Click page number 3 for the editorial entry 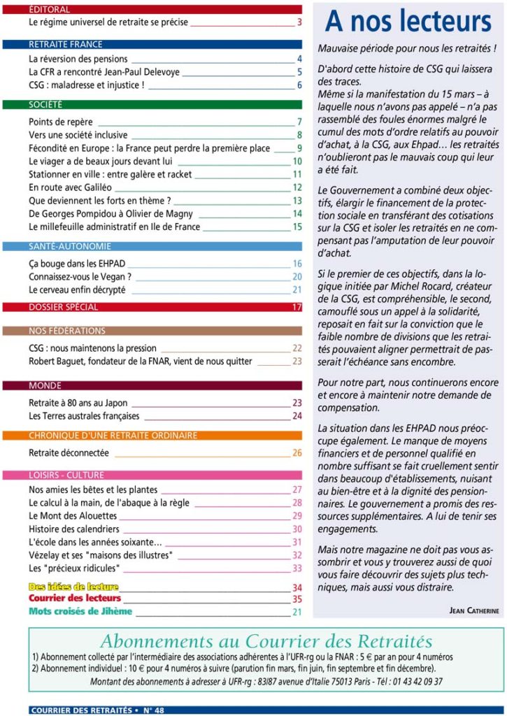click(299, 22)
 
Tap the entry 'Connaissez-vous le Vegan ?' click(80, 277)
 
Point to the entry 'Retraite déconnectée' click(69, 452)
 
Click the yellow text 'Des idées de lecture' click(73, 587)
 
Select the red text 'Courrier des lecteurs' click(75, 599)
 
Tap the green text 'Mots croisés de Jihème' click(80, 612)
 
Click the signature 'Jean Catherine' click(473, 610)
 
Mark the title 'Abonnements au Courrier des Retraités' click(266, 641)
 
